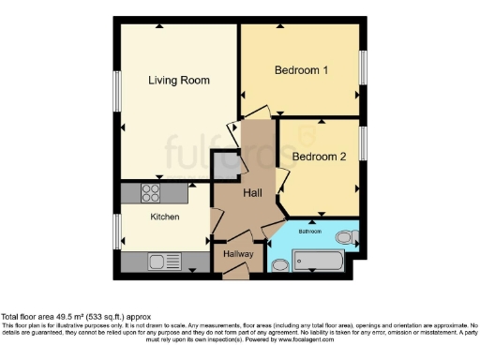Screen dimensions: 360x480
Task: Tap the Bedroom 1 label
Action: [301, 71]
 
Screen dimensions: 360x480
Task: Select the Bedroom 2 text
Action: [319, 157]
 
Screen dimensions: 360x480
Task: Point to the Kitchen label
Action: [165, 217]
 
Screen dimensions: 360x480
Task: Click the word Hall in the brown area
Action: [252, 193]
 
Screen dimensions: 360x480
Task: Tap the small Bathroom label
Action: [310, 231]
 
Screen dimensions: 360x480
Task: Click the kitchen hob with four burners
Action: [151, 193]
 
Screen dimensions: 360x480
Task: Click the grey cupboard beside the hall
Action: [226, 167]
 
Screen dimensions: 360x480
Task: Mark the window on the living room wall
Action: [116, 91]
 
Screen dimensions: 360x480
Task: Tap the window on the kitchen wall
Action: [116, 229]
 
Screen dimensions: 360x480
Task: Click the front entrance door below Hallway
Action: [235, 271]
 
